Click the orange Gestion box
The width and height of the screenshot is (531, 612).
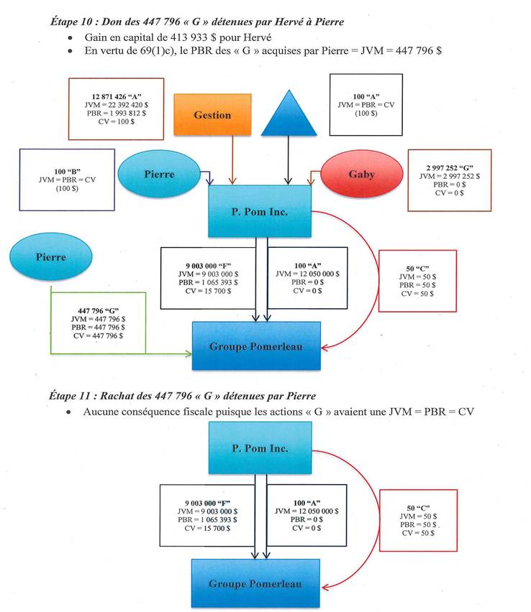[213, 114]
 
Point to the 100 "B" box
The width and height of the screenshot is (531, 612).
[68, 180]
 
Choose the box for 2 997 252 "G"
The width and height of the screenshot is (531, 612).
[450, 180]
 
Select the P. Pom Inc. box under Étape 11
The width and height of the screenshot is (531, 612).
[260, 448]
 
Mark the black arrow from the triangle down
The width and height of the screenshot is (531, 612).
[289, 162]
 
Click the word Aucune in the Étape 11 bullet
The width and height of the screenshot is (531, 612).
[101, 412]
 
